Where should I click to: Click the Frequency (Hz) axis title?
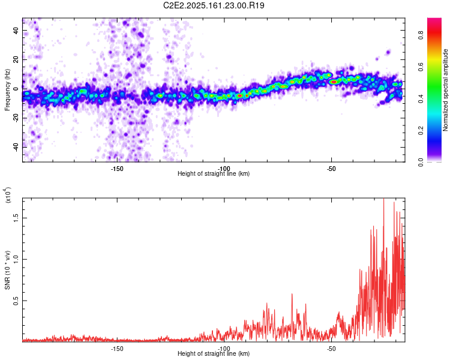[x=7, y=90]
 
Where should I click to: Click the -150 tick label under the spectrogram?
[x=117, y=169]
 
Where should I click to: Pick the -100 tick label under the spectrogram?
[x=224, y=169]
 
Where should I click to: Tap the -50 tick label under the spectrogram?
[x=331, y=169]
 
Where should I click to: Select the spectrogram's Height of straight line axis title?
[x=214, y=174]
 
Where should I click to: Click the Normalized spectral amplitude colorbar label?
[x=446, y=90]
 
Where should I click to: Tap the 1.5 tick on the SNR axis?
[x=16, y=218]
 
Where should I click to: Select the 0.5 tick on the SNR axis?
[x=16, y=301]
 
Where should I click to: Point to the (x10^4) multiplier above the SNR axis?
[x=8, y=194]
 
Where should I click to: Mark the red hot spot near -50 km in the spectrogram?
[x=334, y=82]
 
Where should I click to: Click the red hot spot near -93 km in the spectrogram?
[x=240, y=95]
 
